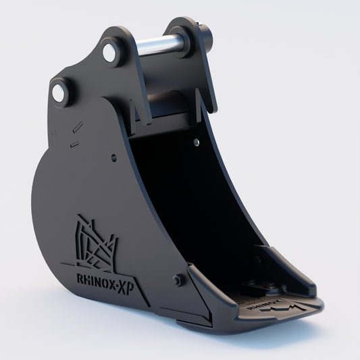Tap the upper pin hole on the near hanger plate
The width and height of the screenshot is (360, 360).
[x=109, y=51]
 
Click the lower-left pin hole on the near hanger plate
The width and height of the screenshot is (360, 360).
[x=59, y=94]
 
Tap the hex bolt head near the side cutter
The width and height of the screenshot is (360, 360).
[x=179, y=280]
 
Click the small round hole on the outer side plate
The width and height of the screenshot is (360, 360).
[x=113, y=158]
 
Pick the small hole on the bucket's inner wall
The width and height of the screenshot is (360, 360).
[x=195, y=143]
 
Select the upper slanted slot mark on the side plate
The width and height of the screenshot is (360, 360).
[x=78, y=126]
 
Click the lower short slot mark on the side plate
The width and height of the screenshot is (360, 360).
[x=74, y=144]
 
